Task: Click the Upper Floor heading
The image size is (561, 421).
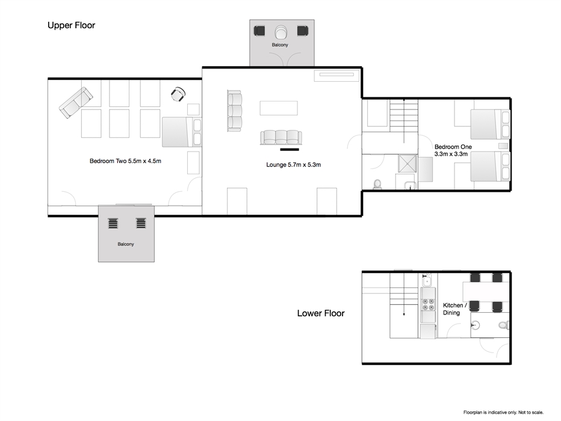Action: [71, 25]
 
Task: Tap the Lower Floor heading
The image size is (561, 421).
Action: [321, 313]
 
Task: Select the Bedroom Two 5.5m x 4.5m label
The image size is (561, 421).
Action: [125, 161]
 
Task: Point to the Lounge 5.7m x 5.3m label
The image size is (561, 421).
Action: [293, 165]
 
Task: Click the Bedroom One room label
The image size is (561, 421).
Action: [453, 150]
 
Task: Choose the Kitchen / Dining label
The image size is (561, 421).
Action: [454, 309]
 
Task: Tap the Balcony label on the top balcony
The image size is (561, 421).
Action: [280, 45]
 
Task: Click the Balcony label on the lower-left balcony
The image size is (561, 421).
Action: [126, 244]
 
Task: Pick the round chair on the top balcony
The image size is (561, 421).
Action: [281, 32]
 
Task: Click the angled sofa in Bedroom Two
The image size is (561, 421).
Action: [76, 103]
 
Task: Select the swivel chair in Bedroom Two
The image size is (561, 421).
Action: [178, 94]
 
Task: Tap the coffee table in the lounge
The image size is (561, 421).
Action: [279, 108]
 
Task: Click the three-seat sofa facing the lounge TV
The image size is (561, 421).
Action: [281, 138]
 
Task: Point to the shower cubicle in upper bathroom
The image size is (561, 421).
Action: [408, 164]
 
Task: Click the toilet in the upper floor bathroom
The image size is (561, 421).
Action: [377, 185]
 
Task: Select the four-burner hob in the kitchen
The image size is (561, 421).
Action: [428, 304]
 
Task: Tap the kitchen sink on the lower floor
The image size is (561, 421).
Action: [427, 282]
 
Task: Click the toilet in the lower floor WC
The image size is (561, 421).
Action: [504, 325]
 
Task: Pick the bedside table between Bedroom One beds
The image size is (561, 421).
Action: [503, 146]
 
